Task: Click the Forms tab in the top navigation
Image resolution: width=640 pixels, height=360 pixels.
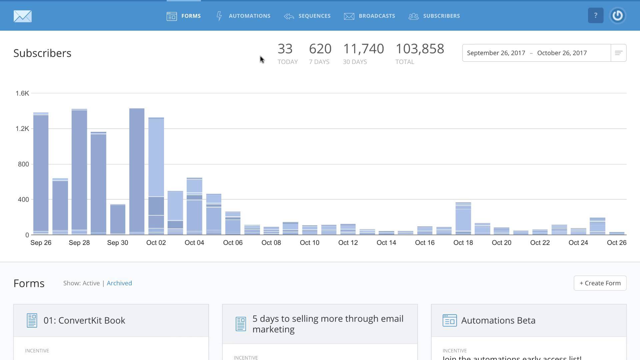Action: pos(184,16)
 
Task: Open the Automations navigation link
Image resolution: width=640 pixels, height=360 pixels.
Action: pos(243,16)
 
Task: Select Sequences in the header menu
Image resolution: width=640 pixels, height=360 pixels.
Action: pos(307,16)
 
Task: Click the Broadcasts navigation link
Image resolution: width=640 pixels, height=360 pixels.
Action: pos(370,16)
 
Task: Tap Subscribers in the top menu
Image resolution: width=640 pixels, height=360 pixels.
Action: pos(434,16)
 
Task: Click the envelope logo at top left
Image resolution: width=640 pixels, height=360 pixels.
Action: pos(23,16)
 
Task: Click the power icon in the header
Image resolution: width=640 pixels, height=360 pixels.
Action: pos(617,16)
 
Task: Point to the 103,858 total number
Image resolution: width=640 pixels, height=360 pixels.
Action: pos(420,49)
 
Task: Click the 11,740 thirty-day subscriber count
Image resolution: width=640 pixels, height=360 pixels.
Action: pos(363,49)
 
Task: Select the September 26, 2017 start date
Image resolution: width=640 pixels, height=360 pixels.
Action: pos(496,53)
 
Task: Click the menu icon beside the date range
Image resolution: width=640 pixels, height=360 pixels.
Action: pos(618,53)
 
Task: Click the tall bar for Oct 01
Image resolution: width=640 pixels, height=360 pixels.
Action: pos(137,172)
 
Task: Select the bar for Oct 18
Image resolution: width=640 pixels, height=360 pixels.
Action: pos(463,218)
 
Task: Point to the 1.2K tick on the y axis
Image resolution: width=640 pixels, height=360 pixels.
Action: pos(22,129)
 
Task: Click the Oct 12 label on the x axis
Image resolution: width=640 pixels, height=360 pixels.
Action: pos(348,243)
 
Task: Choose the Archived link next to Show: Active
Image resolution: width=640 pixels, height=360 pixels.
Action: pos(119,283)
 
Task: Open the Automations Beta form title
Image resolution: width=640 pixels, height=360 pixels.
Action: pos(498,320)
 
